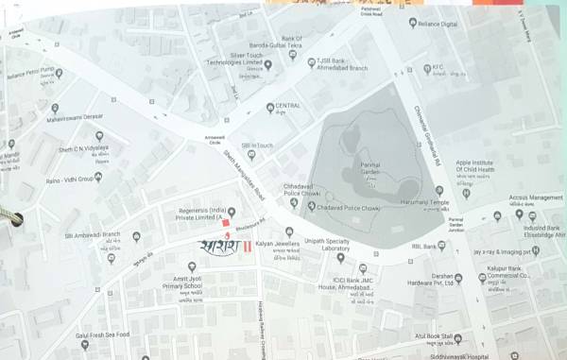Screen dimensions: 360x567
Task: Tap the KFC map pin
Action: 427,68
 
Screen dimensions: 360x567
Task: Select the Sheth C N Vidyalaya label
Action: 84,148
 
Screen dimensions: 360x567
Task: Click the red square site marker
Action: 226,225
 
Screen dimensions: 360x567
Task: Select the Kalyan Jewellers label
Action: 277,244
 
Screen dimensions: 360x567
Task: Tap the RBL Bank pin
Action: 441,246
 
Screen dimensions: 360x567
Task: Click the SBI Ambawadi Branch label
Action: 93,234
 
